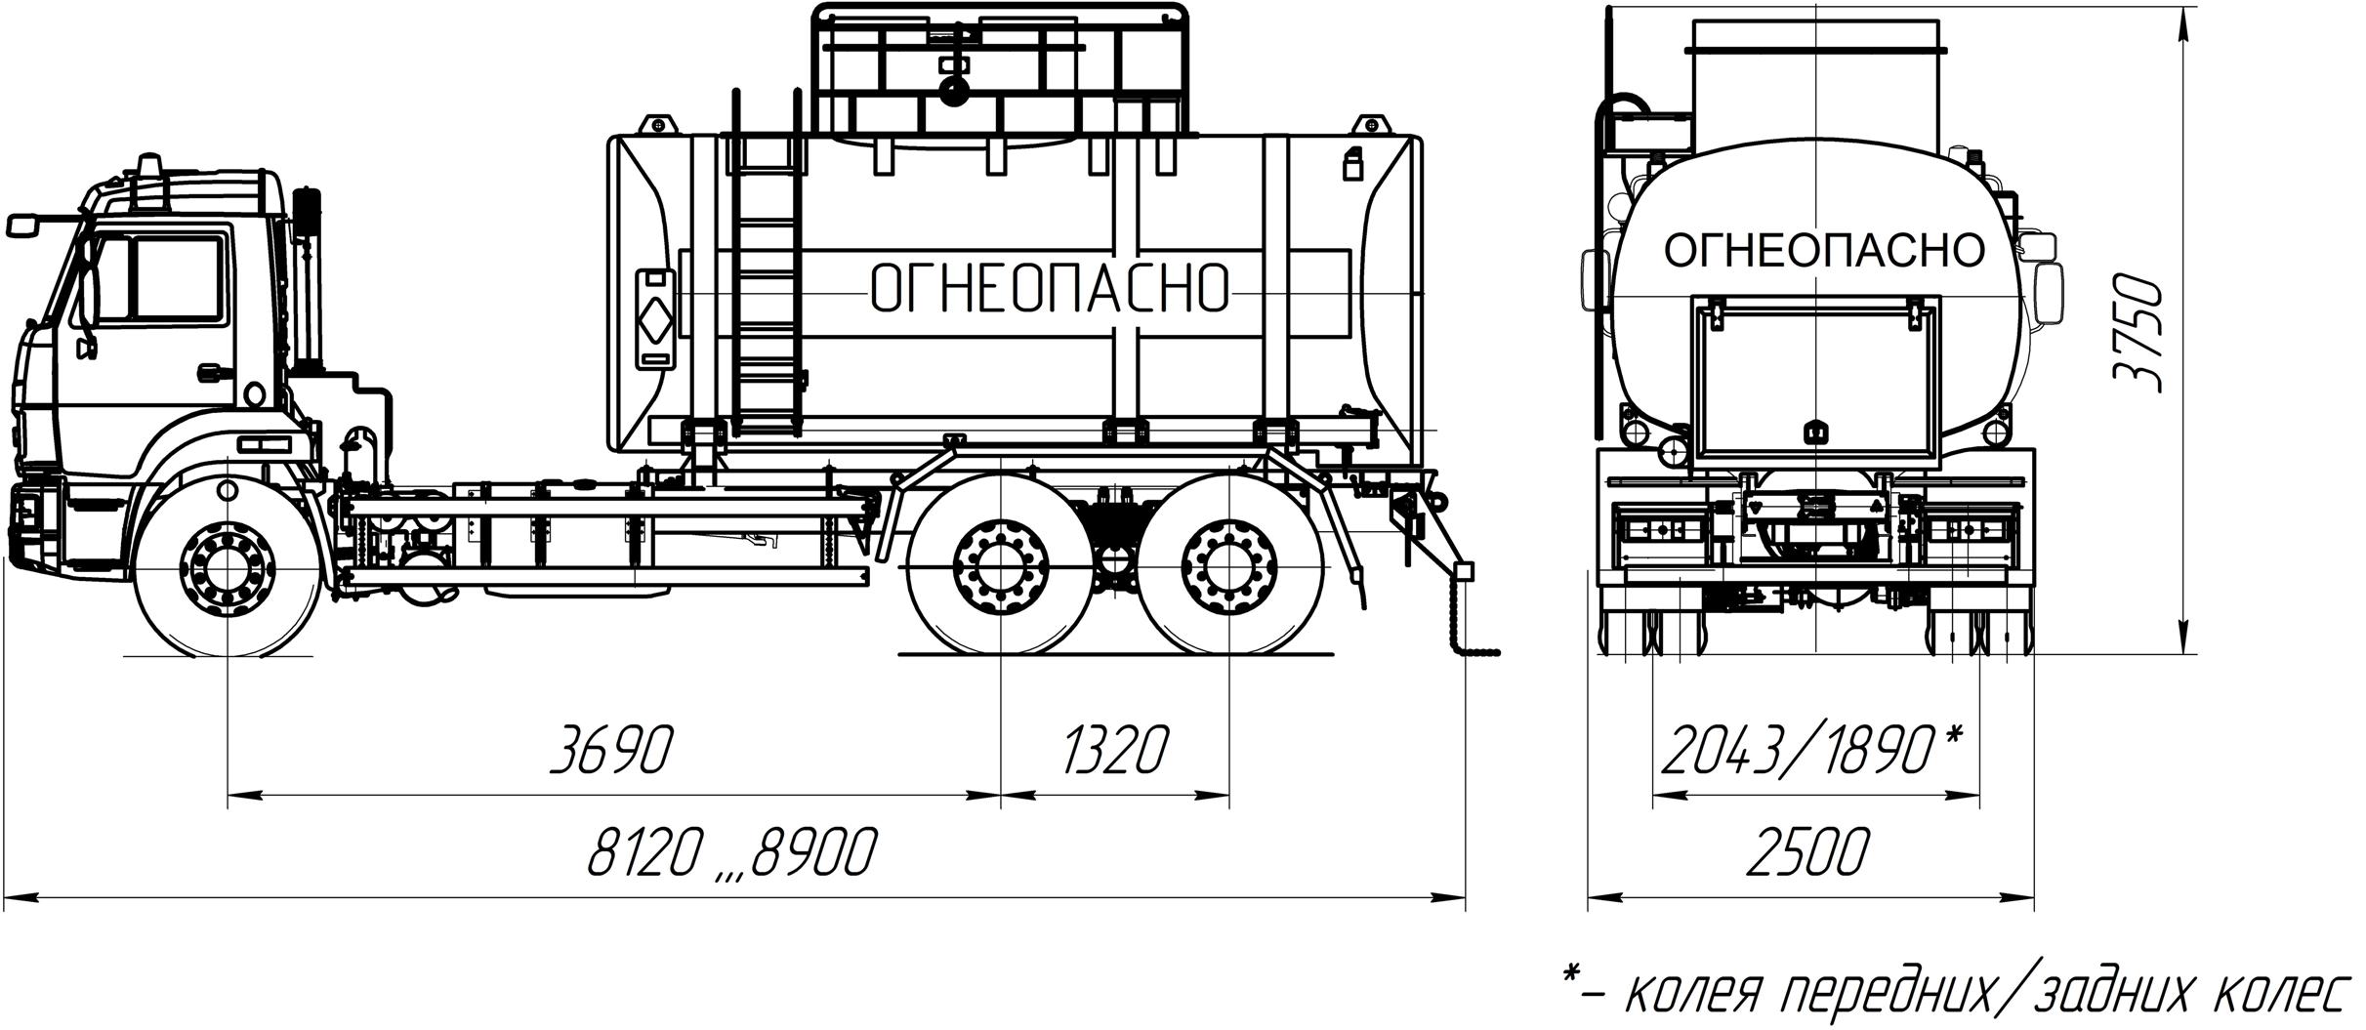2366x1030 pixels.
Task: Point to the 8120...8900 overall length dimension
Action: (x=731, y=852)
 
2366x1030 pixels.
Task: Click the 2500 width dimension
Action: (x=1807, y=852)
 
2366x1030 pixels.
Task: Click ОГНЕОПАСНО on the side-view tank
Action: (x=1049, y=288)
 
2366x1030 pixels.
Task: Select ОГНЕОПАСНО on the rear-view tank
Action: (x=1824, y=251)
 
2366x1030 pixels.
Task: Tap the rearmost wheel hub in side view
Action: (x=1228, y=567)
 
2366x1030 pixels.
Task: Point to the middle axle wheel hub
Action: (x=1001, y=567)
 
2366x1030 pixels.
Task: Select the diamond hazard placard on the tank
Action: (x=655, y=319)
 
